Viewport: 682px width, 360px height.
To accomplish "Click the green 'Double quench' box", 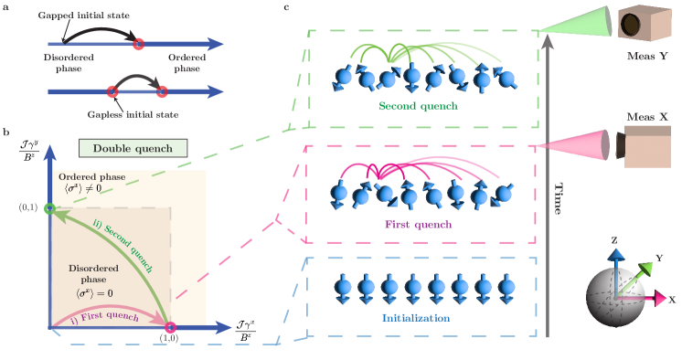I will (x=133, y=147).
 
